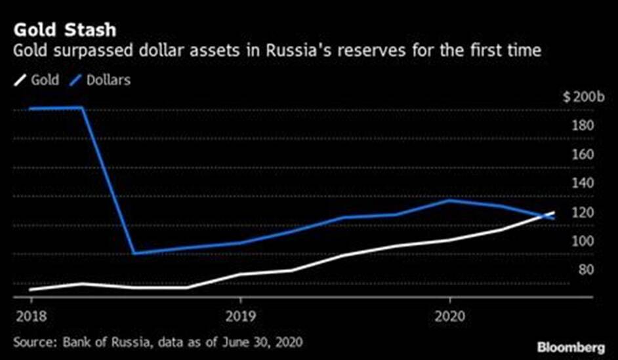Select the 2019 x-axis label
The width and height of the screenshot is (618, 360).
240,316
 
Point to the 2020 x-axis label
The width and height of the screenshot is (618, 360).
450,316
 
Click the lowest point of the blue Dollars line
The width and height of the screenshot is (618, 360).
134,253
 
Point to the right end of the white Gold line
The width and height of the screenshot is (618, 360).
554,212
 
